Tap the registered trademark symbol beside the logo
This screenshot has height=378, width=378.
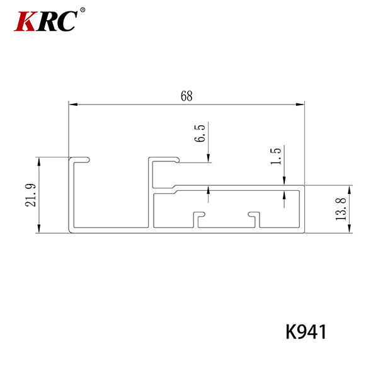[x=83, y=10]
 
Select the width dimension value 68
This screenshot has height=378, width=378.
[x=186, y=96]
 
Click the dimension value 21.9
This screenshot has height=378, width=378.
[x=31, y=195]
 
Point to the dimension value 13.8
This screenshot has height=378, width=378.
[x=341, y=209]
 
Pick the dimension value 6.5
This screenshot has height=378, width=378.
[x=200, y=134]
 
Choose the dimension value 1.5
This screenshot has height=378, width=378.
[x=276, y=156]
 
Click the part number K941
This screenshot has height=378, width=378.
[x=306, y=332]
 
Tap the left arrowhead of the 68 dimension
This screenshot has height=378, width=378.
[x=73, y=105]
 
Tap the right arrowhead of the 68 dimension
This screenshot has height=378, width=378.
[x=300, y=105]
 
